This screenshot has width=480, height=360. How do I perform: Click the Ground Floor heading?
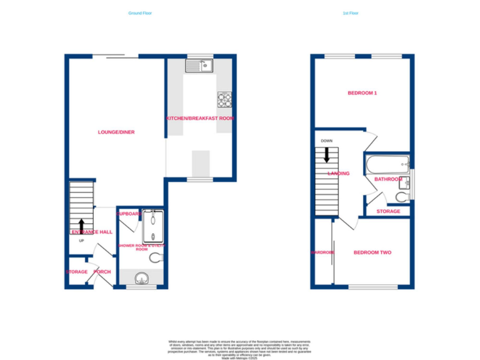tap(139, 13)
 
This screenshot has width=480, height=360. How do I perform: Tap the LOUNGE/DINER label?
tap(116, 132)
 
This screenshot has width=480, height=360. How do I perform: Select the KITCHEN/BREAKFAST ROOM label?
tap(200, 118)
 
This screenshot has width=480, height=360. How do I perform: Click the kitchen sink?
tap(199, 64)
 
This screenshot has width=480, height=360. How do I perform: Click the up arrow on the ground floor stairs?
tap(81, 225)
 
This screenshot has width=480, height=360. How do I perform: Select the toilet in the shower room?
tap(154, 258)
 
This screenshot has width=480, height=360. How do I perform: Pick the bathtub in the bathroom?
tap(386, 166)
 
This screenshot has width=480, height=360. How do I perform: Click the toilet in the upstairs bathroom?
tap(401, 196)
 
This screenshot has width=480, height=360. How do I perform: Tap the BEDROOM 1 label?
tap(362, 93)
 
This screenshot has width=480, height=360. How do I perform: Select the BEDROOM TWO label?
tap(372, 252)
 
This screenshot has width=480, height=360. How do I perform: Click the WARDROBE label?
tap(323, 252)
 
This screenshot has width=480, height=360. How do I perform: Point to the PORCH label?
tap(101, 272)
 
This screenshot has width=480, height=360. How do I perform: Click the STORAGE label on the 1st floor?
tap(388, 211)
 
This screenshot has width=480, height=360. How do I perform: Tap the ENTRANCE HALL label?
tap(91, 232)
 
